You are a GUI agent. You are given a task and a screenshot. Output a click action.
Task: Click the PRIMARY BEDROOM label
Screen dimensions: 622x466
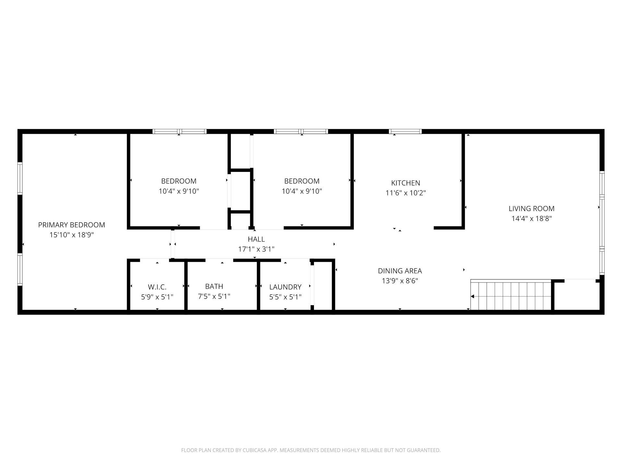coord(72,225)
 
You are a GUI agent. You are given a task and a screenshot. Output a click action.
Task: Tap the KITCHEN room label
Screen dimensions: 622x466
coord(406,183)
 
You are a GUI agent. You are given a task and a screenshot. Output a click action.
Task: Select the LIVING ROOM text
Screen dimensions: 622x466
coord(532,209)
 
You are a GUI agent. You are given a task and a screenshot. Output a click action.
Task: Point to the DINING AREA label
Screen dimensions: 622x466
coord(400,271)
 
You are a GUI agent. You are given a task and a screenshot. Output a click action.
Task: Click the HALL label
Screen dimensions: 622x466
coord(256,239)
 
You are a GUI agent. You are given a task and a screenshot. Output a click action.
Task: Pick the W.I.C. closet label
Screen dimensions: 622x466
coord(157,287)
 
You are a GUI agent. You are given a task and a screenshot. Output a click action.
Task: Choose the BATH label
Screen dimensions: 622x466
coord(214,286)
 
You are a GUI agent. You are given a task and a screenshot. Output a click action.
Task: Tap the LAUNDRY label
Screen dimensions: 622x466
coord(285,287)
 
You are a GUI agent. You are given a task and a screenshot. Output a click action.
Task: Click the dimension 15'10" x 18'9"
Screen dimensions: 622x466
coord(72,235)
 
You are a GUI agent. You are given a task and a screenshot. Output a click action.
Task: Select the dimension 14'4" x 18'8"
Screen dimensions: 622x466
coord(532,219)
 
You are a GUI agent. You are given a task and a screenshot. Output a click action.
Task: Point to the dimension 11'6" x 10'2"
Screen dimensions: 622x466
coord(406,193)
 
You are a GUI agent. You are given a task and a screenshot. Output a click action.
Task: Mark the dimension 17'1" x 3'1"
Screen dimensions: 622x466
coord(256,249)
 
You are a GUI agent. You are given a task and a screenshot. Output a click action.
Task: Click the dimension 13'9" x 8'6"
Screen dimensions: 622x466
coord(400,281)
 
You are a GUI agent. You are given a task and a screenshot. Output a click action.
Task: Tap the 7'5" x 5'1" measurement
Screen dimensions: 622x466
coord(214,296)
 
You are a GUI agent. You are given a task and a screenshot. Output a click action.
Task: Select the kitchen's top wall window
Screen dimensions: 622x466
coord(405,131)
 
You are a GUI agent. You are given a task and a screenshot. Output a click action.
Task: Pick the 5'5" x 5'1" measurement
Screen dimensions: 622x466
coord(285,297)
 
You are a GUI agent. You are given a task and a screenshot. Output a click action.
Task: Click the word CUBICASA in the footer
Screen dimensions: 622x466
coord(255,450)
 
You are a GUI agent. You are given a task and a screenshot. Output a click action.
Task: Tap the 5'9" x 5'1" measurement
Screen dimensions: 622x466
coord(157,297)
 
